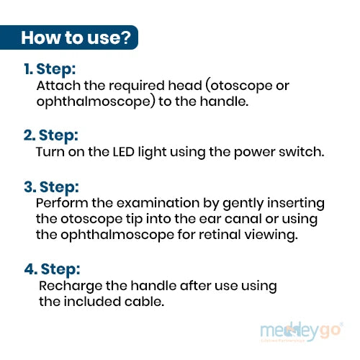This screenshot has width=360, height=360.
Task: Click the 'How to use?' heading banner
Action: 69,37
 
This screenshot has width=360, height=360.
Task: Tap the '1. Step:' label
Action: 50,69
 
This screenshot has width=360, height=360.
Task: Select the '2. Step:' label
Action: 51,135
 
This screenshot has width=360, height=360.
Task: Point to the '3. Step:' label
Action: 51,187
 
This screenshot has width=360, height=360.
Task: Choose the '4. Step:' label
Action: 52,269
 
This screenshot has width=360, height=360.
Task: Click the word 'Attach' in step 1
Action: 58,86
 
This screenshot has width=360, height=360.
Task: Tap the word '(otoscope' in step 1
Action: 239,86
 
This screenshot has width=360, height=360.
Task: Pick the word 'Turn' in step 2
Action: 50,152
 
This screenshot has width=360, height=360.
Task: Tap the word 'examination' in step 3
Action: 158,203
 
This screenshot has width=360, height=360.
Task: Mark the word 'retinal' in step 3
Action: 220,235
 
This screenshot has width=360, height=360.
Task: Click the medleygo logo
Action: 302,331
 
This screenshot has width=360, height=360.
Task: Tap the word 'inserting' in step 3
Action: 296,204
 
